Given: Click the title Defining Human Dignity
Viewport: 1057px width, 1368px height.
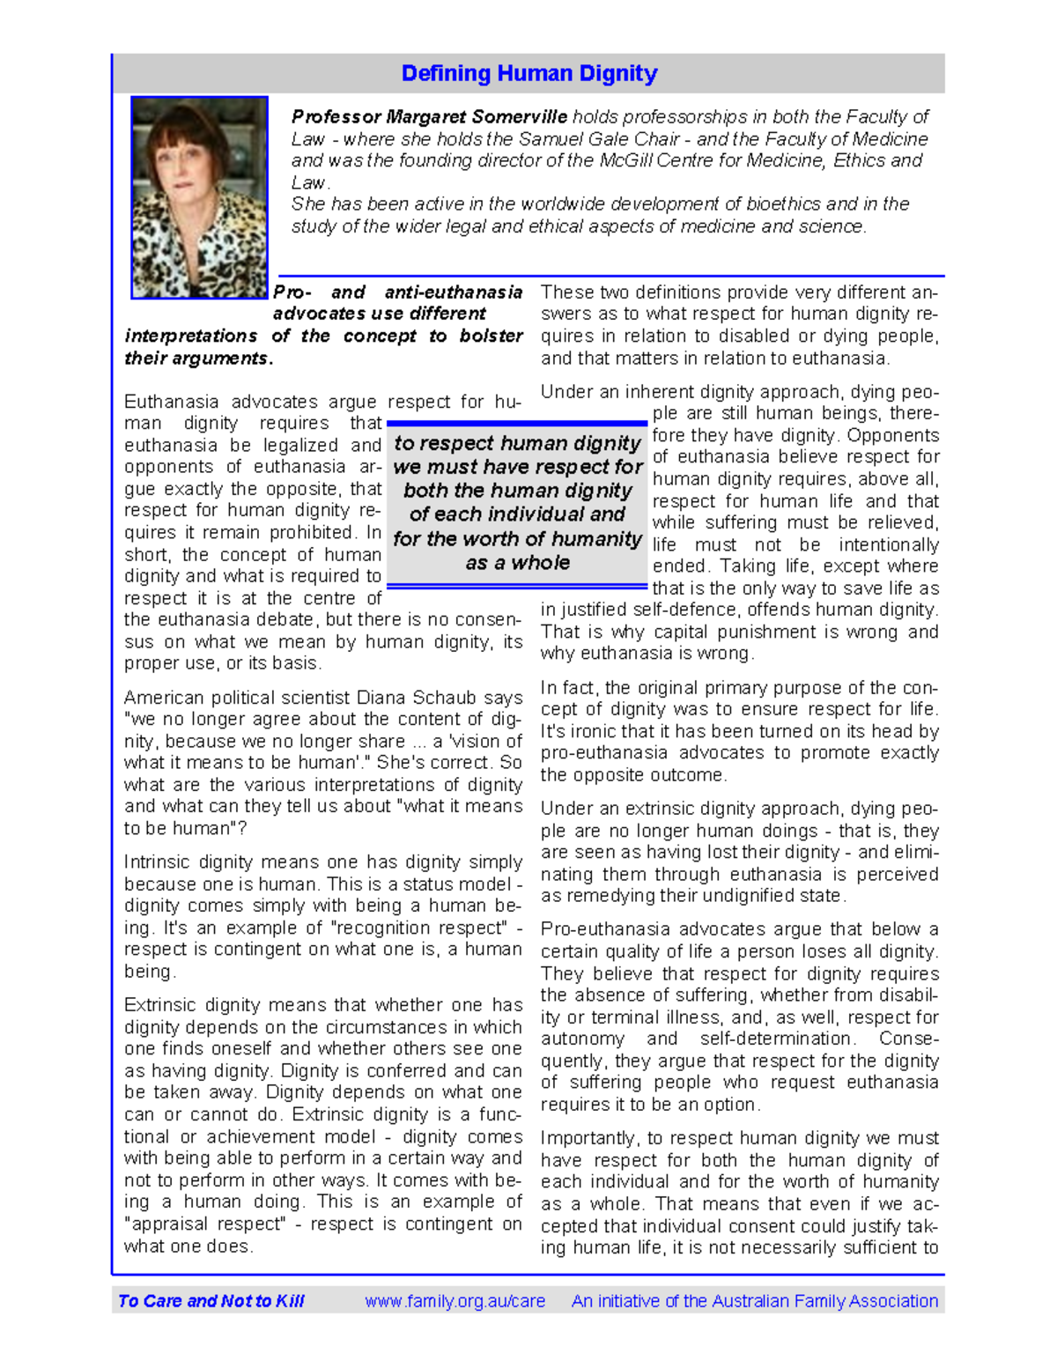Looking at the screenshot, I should (x=528, y=73).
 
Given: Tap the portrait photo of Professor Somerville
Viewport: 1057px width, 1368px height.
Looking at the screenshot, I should (x=199, y=196).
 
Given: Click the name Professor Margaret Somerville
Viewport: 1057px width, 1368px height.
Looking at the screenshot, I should (x=429, y=117).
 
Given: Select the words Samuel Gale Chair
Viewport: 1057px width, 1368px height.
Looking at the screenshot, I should (x=598, y=139).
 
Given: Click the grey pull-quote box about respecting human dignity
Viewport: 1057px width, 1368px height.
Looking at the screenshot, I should (x=517, y=503).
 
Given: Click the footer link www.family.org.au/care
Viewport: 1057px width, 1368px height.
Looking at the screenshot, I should (x=455, y=1301).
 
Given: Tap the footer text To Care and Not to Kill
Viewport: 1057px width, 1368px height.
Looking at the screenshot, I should (x=211, y=1301).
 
